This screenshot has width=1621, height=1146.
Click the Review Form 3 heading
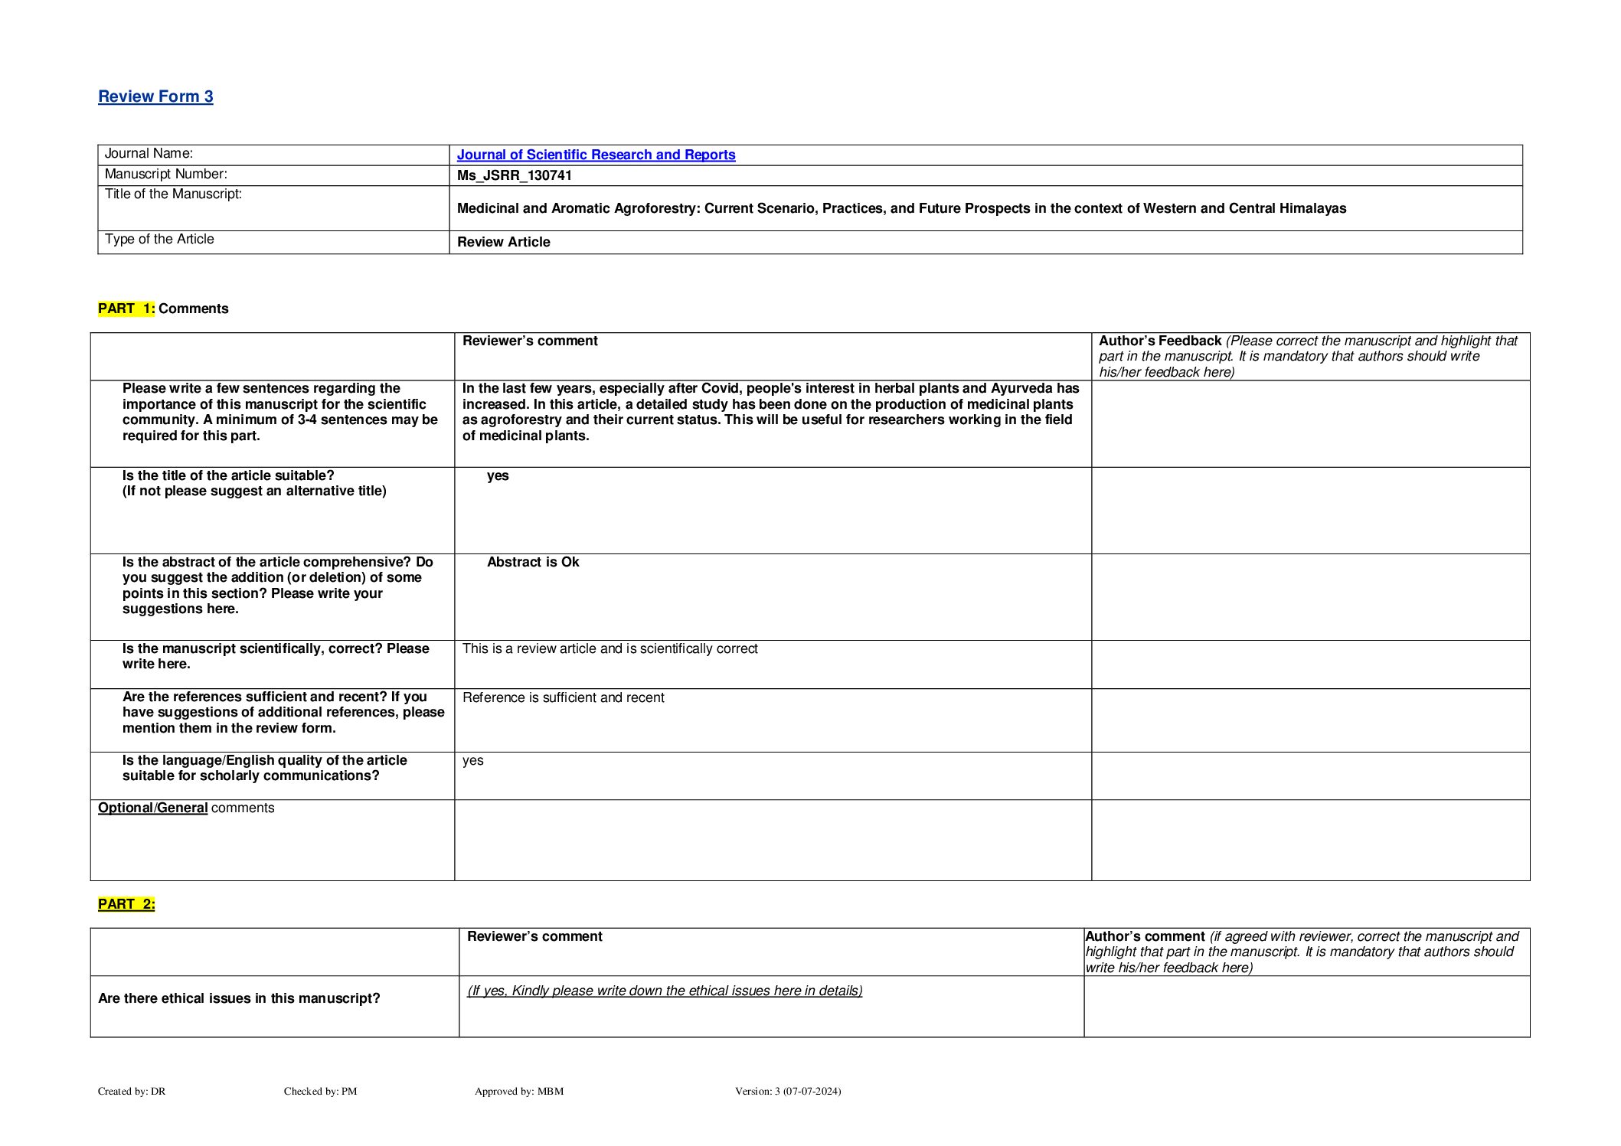pos(155,96)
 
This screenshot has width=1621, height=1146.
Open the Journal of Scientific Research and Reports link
pos(596,155)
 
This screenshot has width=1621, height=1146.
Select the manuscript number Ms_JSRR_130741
pos(514,175)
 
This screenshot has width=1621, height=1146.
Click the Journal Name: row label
pos(149,154)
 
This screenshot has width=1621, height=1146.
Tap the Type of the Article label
pos(159,240)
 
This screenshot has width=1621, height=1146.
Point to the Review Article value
pos(503,242)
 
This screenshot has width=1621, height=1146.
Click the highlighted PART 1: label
pos(126,309)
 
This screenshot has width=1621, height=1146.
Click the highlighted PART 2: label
pos(126,904)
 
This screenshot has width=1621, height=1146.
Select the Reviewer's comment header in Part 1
pos(530,341)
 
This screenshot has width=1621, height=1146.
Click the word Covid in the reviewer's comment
pos(720,388)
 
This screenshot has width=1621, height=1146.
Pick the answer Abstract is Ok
pos(533,562)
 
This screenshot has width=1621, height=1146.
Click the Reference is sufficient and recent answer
pos(563,697)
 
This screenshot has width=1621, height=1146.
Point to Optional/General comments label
pos(186,808)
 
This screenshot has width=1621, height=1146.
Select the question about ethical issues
pos(239,998)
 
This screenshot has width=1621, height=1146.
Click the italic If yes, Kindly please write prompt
pos(665,991)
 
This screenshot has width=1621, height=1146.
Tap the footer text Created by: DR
pos(132,1091)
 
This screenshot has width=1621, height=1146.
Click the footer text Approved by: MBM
pos(519,1091)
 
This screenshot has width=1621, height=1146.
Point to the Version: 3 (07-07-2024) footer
pos(788,1091)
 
